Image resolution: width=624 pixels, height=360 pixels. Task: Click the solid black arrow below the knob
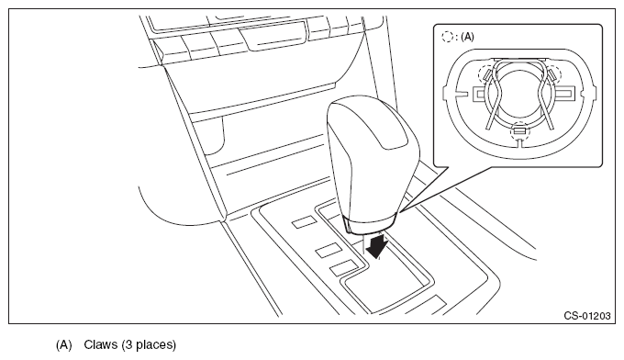click(x=376, y=245)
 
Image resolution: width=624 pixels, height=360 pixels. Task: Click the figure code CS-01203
click(x=586, y=316)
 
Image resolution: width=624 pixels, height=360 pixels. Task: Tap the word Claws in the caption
click(x=99, y=344)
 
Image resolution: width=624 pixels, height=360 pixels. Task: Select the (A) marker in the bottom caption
click(x=63, y=345)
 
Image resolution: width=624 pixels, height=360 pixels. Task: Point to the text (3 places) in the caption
click(x=149, y=345)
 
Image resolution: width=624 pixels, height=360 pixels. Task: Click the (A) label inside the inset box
click(x=467, y=37)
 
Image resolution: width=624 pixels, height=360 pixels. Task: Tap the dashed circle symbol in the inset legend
click(x=447, y=37)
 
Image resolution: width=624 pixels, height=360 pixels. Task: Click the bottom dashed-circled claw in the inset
click(x=519, y=130)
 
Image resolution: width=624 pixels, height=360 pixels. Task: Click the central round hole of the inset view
click(x=519, y=93)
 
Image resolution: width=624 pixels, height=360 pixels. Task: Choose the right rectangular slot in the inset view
click(x=564, y=94)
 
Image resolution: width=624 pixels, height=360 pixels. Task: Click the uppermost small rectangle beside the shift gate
click(x=305, y=222)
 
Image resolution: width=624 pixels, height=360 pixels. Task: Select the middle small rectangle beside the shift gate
click(x=329, y=249)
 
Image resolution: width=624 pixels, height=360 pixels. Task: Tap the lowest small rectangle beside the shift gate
click(x=342, y=267)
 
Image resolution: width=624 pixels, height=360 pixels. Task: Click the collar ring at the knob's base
click(x=370, y=225)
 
